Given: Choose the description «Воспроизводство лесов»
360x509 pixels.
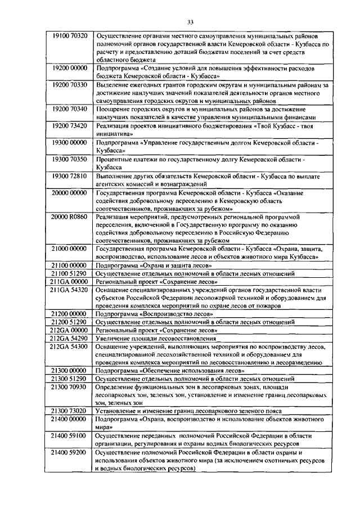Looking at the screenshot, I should tap(172, 314).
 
